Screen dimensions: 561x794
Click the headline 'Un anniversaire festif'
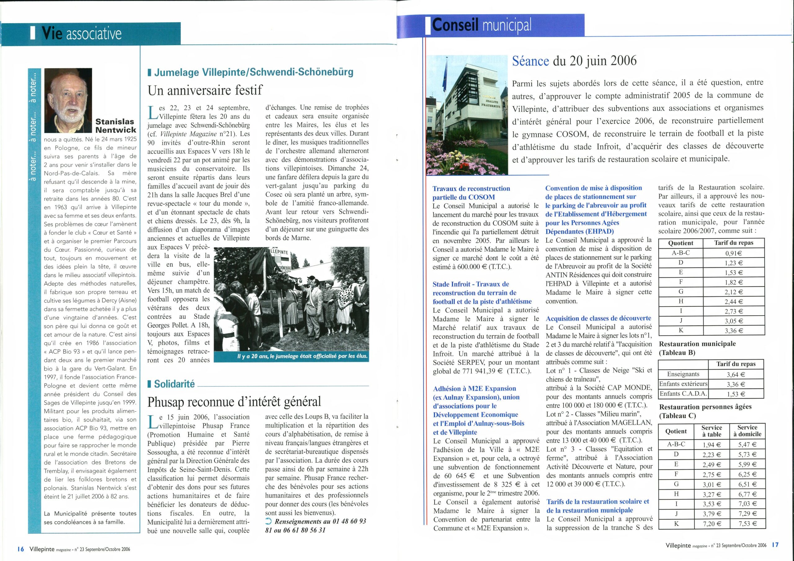pyautogui.click(x=205, y=90)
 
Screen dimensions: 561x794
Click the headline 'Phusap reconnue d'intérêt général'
pyautogui.click(x=234, y=402)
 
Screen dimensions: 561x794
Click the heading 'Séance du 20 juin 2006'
pyautogui.click(x=574, y=61)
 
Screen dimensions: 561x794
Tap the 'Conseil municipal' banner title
pyautogui.click(x=481, y=25)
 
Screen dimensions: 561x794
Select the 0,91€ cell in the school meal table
pyautogui.click(x=734, y=253)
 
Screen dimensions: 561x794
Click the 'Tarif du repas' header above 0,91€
pyautogui.click(x=734, y=243)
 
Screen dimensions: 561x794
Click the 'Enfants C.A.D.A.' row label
pyautogui.click(x=683, y=394)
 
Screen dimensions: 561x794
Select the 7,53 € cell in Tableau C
pyautogui.click(x=747, y=524)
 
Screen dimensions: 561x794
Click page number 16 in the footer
pyautogui.click(x=20, y=549)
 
